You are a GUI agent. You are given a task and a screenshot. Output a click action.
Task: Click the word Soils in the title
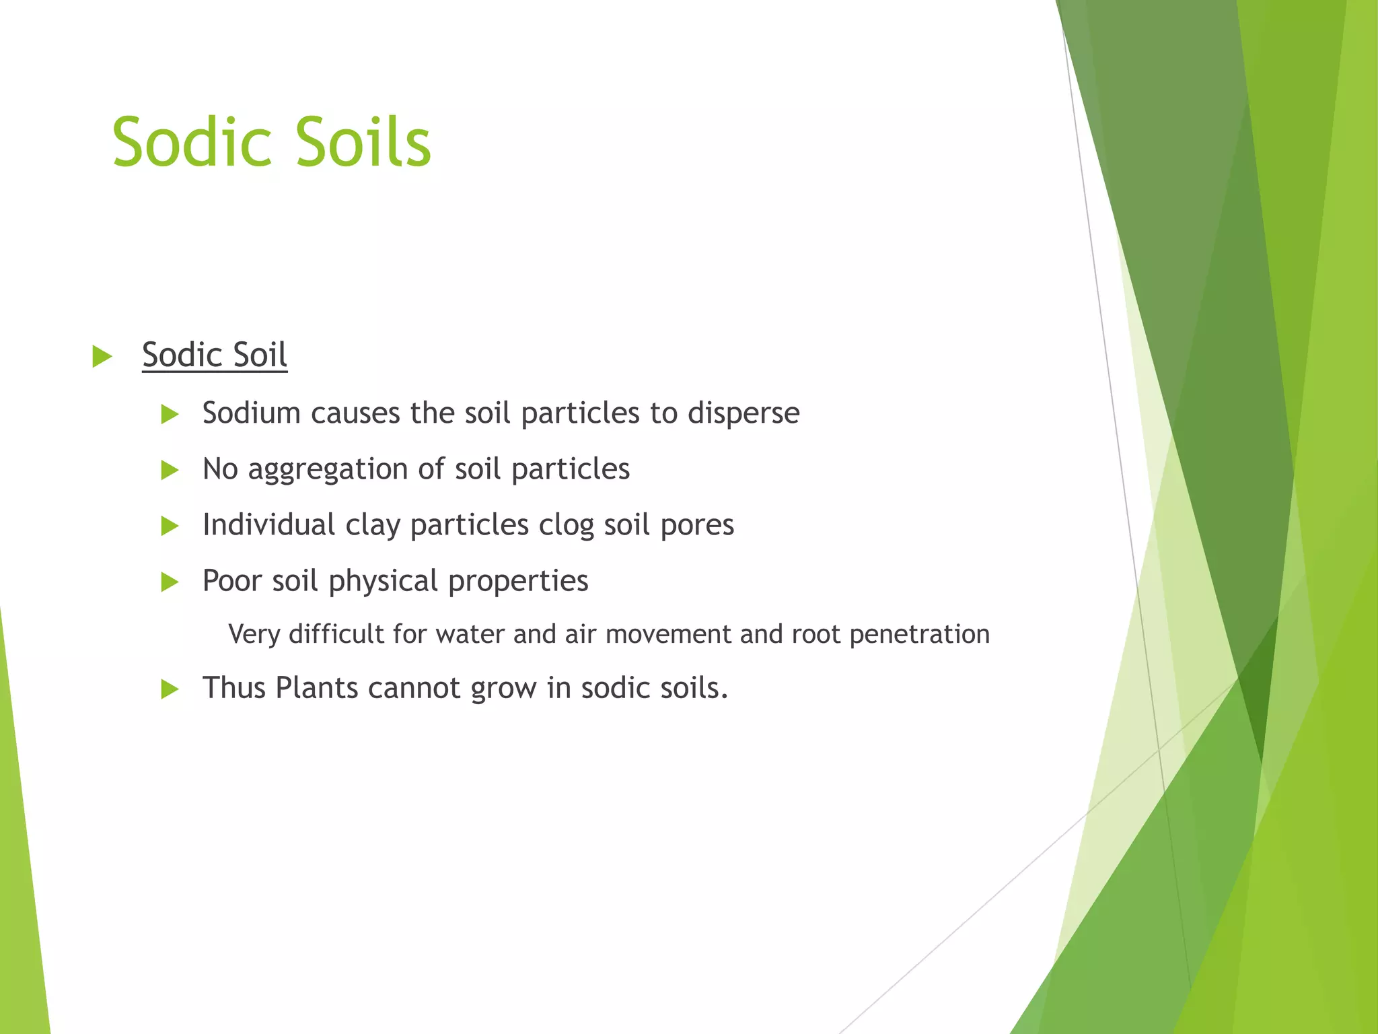click(x=363, y=143)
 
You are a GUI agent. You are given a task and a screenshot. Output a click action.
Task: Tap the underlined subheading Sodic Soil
click(x=215, y=355)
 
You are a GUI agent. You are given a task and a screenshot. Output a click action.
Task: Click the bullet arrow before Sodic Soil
click(x=102, y=356)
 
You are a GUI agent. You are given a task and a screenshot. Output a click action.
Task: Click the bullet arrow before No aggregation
click(x=170, y=470)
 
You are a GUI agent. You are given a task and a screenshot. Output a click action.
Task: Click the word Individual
click(x=268, y=524)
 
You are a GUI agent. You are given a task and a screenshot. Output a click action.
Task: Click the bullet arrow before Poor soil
click(x=170, y=582)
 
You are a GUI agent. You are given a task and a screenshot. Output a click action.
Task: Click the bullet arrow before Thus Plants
click(x=170, y=689)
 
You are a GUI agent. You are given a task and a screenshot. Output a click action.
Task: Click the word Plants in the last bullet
click(x=316, y=688)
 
